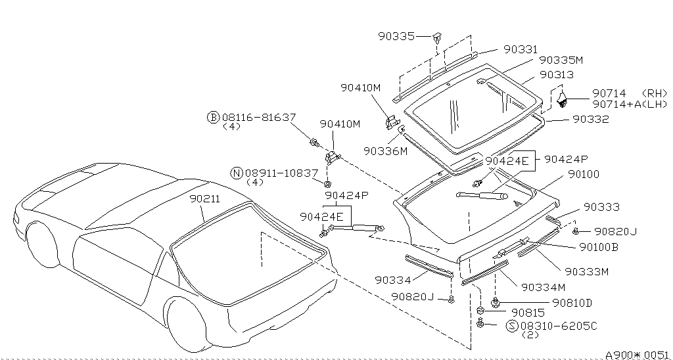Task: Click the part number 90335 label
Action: pos(396,36)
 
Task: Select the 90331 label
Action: pos(521,49)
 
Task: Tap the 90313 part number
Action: pos(556,75)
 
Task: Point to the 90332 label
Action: pos(590,120)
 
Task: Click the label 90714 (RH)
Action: pos(629,94)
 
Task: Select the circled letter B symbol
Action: pos(213,117)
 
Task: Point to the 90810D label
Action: pos(572,302)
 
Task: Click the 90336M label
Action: pos(386,151)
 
